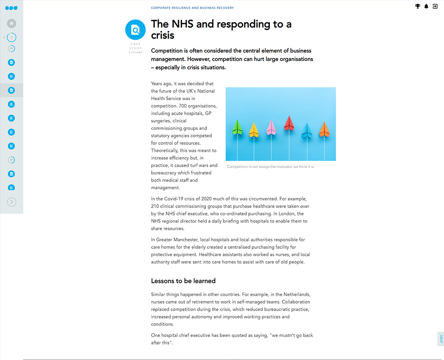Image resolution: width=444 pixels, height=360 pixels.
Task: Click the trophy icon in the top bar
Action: pos(417,6)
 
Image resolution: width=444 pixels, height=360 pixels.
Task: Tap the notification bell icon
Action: pos(426,6)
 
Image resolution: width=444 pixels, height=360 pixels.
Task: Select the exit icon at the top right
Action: pos(435,6)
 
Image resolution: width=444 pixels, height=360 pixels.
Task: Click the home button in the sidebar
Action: pos(12,24)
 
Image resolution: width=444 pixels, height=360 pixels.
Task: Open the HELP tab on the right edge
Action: pos(441,339)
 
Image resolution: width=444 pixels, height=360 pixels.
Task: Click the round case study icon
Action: pos(135,30)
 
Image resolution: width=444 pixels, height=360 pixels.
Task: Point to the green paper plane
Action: pos(238,127)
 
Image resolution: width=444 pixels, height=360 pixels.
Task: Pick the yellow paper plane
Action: pos(254,130)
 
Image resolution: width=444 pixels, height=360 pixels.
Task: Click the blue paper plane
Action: pos(307,130)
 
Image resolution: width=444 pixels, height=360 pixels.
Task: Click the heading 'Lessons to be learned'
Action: pos(183,281)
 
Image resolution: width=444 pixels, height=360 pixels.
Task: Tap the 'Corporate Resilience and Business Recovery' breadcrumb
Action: pos(192,8)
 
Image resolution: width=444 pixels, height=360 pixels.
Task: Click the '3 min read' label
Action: pos(135,52)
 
